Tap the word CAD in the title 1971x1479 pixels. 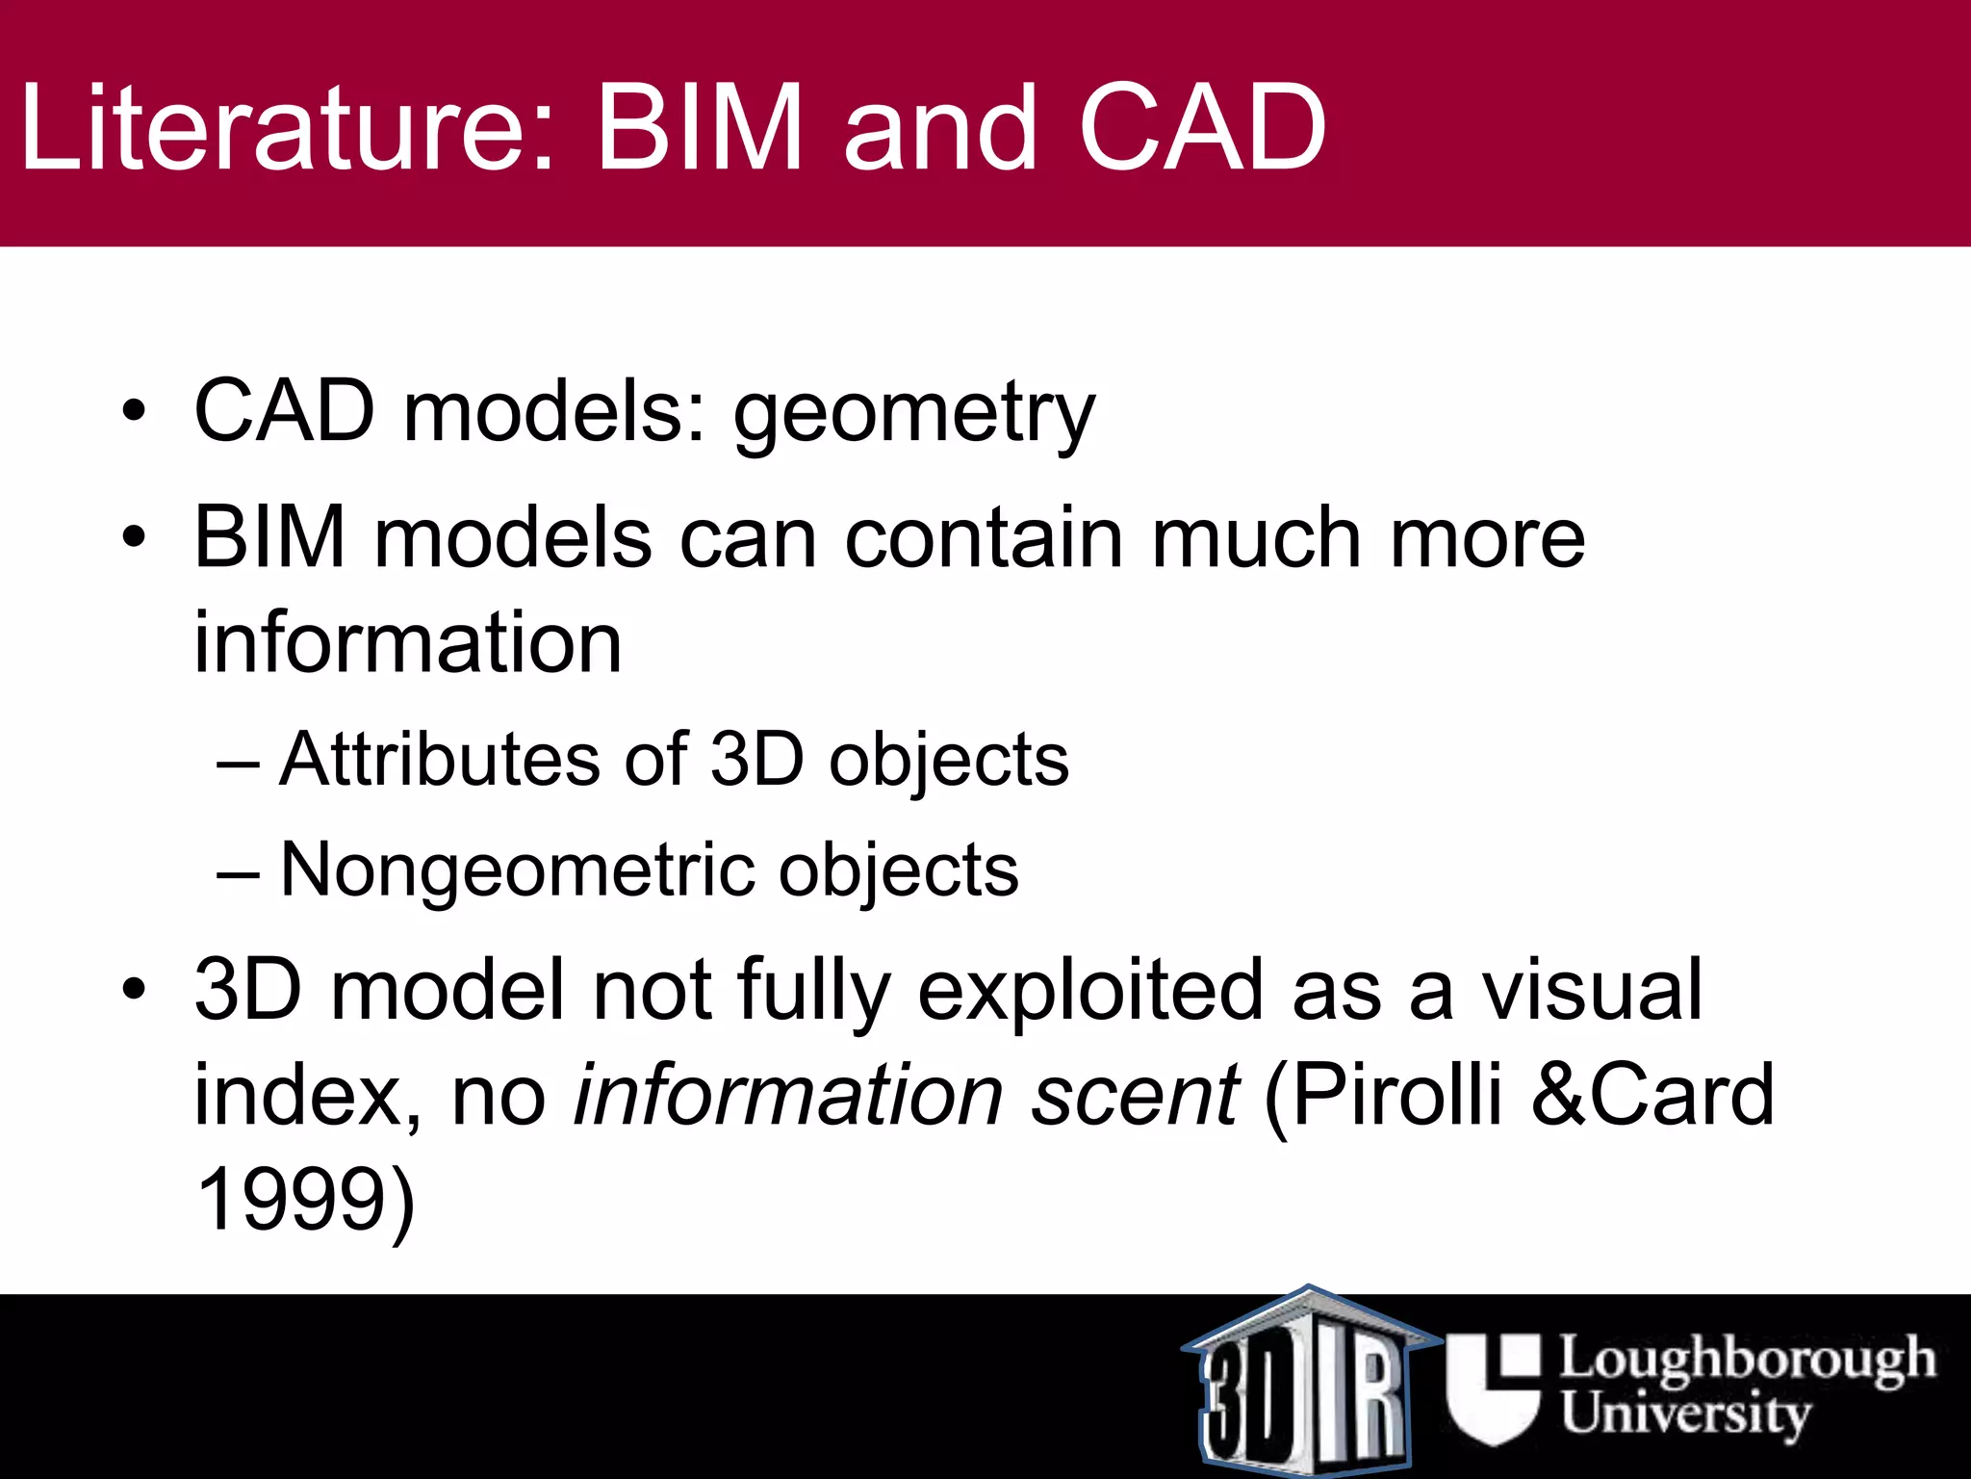pyautogui.click(x=1202, y=127)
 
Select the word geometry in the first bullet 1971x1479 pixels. pyautogui.click(x=914, y=414)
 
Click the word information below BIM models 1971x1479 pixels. pyautogui.click(x=408, y=643)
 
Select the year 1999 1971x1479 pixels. pyautogui.click(x=293, y=1200)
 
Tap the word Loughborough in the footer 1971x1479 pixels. pyautogui.click(x=1746, y=1359)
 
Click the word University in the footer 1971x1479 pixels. pyautogui.click(x=1685, y=1414)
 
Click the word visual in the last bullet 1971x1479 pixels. pyautogui.click(x=1592, y=991)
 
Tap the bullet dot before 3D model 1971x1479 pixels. pyautogui.click(x=134, y=989)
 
